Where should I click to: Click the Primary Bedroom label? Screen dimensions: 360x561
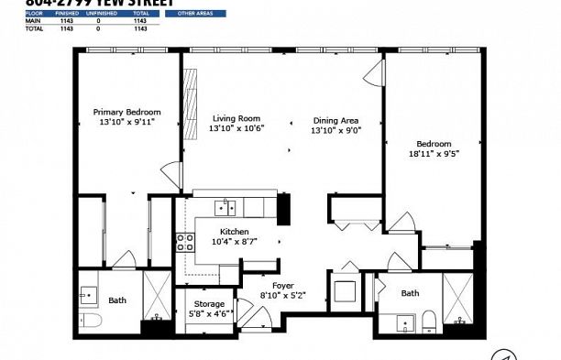click(126, 112)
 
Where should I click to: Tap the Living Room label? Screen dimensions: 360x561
click(236, 118)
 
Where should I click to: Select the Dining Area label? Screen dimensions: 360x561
click(335, 121)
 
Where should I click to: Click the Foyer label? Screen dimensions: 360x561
click(282, 286)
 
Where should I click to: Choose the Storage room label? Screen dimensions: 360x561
click(210, 304)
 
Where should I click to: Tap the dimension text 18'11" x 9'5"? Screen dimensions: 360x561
click(433, 154)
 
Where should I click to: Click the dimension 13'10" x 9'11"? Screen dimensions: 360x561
click(126, 122)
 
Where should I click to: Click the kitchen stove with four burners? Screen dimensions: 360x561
click(185, 242)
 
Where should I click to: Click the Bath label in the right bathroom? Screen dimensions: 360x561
click(410, 293)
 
